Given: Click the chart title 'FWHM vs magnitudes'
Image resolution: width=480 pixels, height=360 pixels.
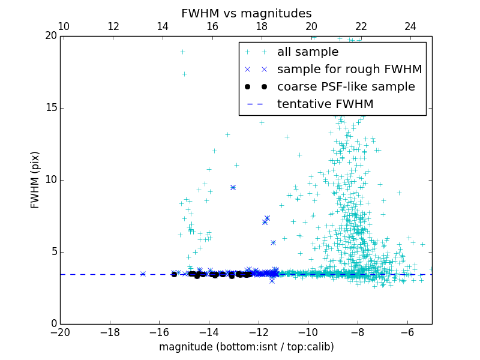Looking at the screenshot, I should [x=246, y=13].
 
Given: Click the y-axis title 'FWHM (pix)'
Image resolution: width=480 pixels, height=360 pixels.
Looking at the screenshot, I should [x=35, y=180].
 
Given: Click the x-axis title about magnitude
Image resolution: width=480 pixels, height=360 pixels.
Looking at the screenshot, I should [x=246, y=347].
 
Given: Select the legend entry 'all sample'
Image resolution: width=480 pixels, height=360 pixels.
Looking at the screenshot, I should [x=308, y=52].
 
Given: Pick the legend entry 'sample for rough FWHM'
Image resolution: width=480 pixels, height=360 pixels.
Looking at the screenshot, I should [x=349, y=70].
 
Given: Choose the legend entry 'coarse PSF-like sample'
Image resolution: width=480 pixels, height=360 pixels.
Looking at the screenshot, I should [x=346, y=87].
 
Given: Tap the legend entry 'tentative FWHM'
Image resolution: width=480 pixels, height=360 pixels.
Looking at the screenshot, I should [x=325, y=104].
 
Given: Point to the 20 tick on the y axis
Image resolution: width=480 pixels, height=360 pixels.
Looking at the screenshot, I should [x=51, y=36].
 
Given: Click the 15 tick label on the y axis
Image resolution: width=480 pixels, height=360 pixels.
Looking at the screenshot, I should [x=51, y=108].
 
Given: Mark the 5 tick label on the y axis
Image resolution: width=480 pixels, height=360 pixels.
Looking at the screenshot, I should [x=53, y=252].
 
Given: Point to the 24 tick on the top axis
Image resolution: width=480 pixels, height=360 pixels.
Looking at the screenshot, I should [x=410, y=26].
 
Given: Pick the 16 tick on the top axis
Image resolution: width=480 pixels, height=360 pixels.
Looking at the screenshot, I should [x=212, y=26].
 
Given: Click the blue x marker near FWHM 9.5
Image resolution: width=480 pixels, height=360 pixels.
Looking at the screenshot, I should [x=233, y=187].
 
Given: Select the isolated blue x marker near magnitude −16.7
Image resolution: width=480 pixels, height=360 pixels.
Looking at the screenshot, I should [x=143, y=274].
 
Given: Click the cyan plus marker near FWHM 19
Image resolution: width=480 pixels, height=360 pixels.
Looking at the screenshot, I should [x=182, y=52].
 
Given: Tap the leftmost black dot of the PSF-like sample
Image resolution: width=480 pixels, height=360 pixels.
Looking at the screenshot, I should [x=174, y=274].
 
